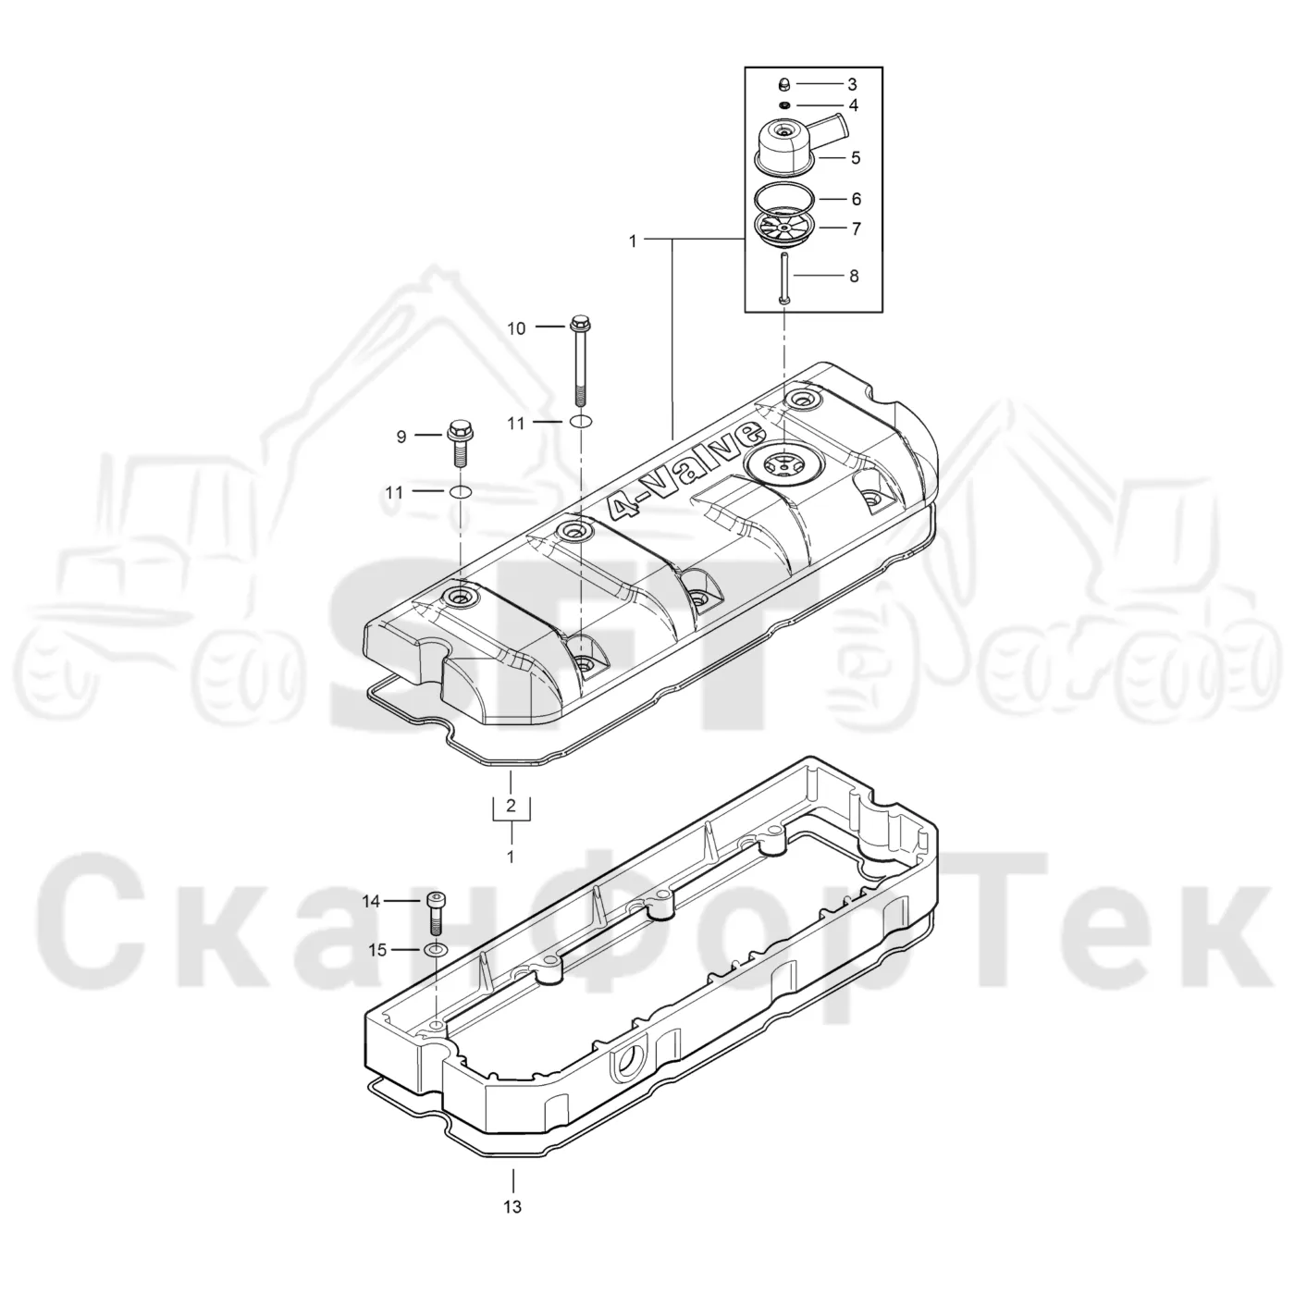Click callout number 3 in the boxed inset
point(852,85)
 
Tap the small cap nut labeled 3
point(783,85)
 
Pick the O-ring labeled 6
point(785,199)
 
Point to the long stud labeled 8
point(784,277)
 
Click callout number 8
point(854,277)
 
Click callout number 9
point(401,437)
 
